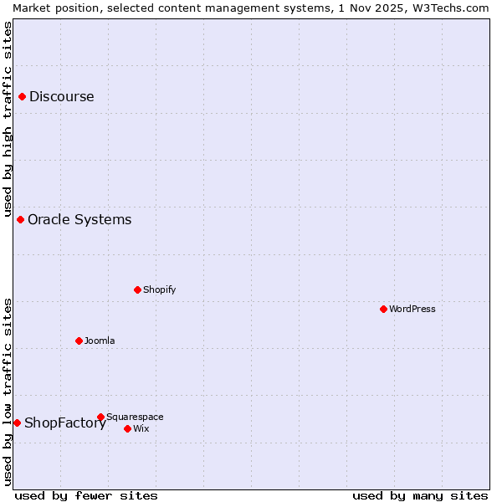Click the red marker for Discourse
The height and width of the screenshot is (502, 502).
tap(23, 97)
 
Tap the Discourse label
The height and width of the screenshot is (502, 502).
tap(62, 97)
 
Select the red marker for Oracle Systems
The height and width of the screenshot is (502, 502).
tap(21, 220)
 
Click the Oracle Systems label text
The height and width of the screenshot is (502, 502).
tap(79, 220)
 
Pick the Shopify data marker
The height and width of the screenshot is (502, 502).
tap(138, 290)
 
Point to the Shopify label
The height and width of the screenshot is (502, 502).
tap(159, 290)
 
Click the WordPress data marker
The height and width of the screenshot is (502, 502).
tap(384, 310)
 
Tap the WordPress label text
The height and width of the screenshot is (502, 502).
tap(412, 310)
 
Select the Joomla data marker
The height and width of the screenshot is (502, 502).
tap(79, 341)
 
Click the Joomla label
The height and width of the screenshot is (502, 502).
tap(100, 341)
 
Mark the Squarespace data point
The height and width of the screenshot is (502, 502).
tap(101, 417)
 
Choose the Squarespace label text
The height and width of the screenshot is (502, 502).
tap(135, 417)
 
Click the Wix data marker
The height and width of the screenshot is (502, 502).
tap(128, 429)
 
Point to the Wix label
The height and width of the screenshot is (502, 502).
tap(141, 429)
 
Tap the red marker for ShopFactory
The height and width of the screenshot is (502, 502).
tap(17, 423)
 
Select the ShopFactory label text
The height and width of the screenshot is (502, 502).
tap(65, 423)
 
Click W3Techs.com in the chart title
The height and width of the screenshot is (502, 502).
tap(456, 8)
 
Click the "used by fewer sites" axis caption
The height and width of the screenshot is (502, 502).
tap(86, 496)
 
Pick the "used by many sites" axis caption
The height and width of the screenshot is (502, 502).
tap(420, 496)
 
